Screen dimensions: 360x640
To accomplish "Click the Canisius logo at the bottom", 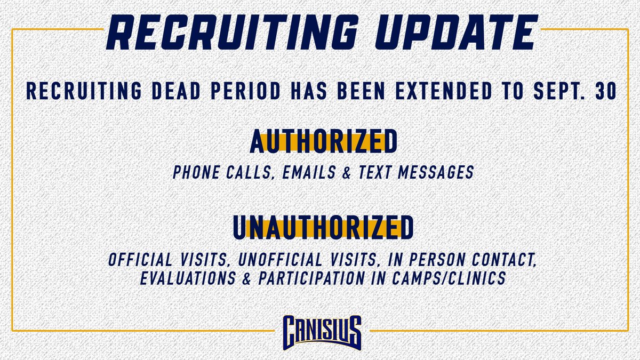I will point(319,331).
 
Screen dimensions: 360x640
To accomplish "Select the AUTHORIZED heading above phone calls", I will point(324,142).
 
